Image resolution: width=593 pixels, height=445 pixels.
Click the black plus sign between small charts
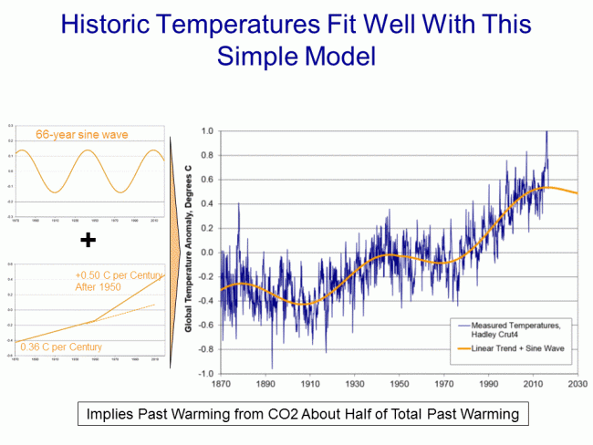88,240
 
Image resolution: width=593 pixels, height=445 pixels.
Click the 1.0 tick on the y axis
208,131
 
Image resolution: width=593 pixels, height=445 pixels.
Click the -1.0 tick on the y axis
207,374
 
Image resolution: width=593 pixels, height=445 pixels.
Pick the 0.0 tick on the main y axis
208,253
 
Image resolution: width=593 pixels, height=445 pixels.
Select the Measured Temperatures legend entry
516,328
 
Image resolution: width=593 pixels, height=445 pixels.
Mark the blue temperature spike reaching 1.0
547,133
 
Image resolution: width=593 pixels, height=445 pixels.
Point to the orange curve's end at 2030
576,193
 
